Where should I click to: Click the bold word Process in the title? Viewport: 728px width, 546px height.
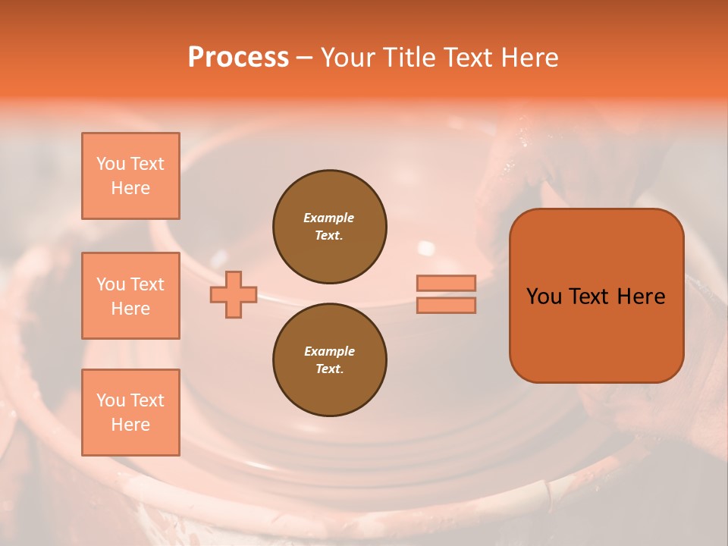point(238,58)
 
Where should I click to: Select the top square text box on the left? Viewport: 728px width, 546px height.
point(130,176)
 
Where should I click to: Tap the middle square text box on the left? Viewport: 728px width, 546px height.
point(130,296)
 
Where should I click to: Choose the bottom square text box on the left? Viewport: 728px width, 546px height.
point(130,413)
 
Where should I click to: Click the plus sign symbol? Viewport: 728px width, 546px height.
point(234,295)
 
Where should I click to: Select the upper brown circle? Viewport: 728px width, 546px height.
point(329,226)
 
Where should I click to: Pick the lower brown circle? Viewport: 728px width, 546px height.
point(329,359)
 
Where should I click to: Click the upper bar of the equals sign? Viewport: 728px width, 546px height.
point(446,284)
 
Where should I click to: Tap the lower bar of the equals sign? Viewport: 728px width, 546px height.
point(446,305)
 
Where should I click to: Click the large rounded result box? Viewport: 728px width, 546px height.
point(596,334)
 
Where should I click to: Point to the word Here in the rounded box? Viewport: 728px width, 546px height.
point(641,297)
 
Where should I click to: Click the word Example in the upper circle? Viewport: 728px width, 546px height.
point(329,218)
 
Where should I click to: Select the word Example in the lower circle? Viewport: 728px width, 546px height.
point(329,351)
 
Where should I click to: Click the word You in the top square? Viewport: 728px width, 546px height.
point(111,164)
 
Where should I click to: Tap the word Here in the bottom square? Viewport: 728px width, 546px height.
point(130,425)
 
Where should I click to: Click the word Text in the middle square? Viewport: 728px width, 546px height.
point(147,284)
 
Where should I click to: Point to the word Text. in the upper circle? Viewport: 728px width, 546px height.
point(329,235)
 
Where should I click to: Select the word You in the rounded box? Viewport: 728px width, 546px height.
point(544,297)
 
